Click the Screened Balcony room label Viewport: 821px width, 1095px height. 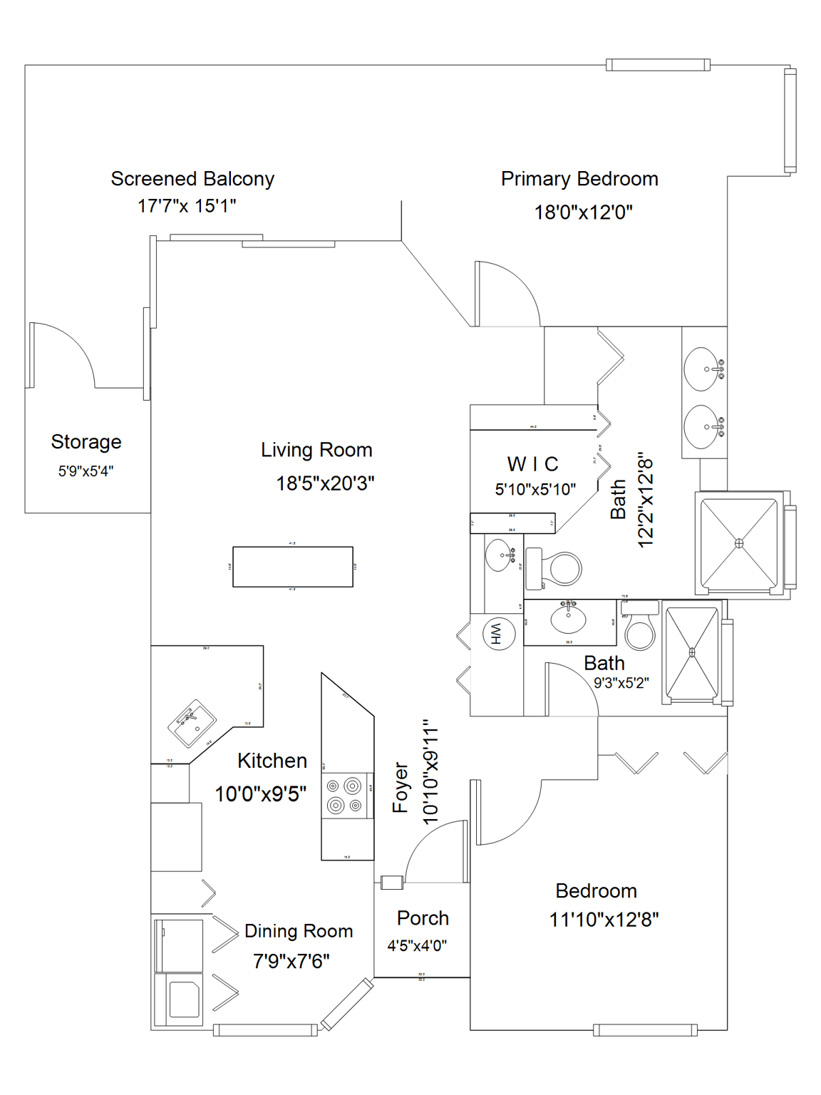192,179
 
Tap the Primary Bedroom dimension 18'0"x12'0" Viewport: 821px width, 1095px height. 583,212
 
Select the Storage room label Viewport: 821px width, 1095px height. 86,442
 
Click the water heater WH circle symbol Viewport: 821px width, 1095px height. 497,633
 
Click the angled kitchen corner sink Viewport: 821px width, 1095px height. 192,723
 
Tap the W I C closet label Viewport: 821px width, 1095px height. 532,464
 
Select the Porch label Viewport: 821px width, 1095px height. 423,918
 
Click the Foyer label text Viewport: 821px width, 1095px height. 401,787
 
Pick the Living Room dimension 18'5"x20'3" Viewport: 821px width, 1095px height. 325,483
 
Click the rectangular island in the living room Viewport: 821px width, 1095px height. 293,567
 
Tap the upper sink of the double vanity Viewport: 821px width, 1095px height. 702,369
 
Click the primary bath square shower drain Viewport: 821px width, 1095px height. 739,543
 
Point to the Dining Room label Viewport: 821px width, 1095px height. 299,931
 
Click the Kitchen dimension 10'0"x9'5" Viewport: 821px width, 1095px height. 261,793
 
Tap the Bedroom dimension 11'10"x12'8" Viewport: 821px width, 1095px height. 604,920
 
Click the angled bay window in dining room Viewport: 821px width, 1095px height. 347,1004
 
